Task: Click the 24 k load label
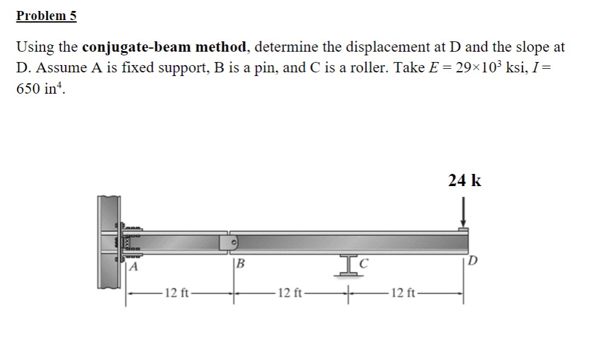coord(465,181)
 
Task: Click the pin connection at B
coord(234,243)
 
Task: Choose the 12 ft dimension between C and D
coord(403,294)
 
